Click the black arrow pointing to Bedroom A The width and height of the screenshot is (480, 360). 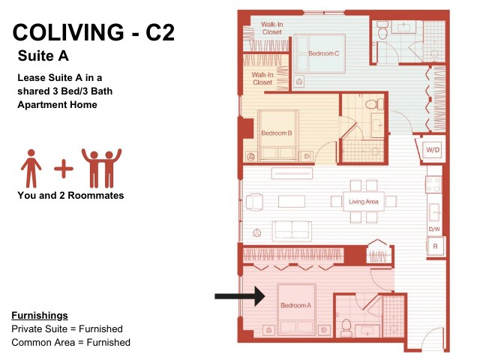240,296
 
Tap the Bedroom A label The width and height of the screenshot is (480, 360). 295,305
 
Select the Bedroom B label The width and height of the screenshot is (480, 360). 277,133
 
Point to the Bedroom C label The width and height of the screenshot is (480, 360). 323,53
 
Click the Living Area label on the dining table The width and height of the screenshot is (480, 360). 363,202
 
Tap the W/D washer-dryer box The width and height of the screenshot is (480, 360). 433,150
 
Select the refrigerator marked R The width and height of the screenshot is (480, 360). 435,246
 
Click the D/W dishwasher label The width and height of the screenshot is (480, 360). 434,229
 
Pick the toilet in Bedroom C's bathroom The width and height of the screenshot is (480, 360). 382,30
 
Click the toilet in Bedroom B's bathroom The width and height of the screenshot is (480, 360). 374,104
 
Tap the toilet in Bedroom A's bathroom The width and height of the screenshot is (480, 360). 346,327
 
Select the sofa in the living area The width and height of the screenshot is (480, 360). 292,229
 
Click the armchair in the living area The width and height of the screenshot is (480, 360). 254,202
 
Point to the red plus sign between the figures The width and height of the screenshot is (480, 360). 64,168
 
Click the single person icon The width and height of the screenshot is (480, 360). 31,168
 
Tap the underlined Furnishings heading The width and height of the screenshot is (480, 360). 40,315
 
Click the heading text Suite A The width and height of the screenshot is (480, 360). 43,55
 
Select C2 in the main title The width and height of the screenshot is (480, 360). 160,32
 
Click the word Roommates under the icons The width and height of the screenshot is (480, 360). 95,195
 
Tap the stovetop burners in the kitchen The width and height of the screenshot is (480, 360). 433,184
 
